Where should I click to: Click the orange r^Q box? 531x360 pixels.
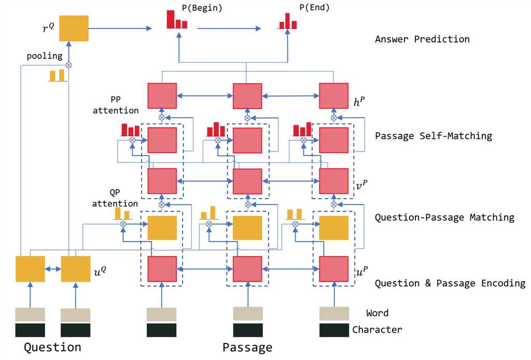[74, 28]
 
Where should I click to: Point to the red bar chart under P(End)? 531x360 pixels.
[287, 21]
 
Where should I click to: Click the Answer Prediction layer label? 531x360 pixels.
[422, 39]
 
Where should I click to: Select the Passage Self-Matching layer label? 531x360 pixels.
[433, 136]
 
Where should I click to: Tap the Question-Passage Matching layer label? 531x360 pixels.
[444, 217]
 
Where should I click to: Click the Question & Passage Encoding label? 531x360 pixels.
[450, 283]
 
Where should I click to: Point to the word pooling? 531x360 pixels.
[44, 56]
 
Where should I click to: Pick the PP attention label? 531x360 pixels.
[123, 104]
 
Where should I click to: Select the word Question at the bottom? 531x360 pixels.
[52, 347]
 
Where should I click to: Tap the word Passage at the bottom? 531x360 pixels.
[247, 347]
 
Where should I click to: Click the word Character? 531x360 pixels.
[377, 329]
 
